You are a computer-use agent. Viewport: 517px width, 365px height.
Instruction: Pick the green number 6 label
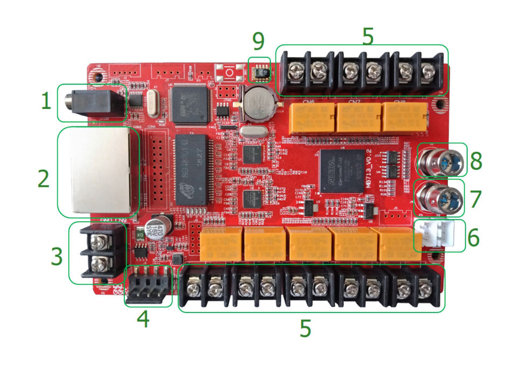474,237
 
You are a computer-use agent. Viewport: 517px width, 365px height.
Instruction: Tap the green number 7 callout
474,199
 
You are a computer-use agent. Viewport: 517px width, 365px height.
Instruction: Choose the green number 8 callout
474,160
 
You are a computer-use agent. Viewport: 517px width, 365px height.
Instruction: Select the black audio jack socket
92,101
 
